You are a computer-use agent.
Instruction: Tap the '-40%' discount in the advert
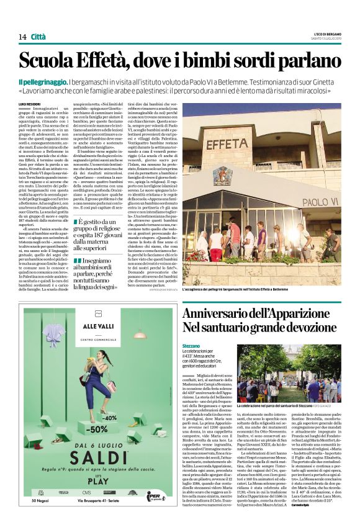(128, 400)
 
